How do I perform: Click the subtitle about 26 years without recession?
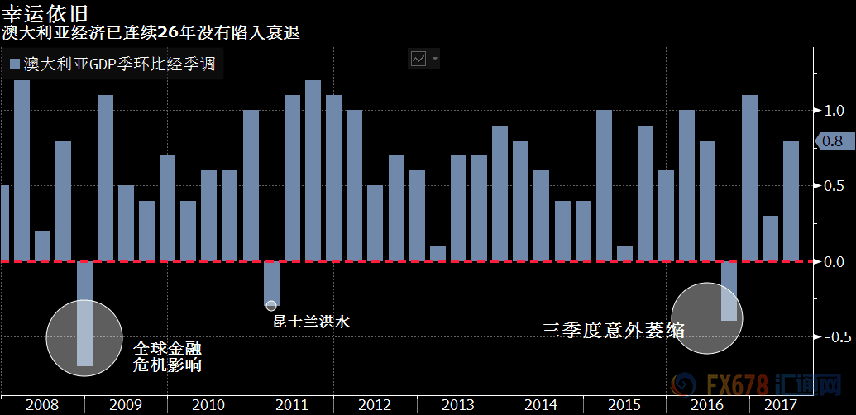150,33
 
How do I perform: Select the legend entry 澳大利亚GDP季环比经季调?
112,63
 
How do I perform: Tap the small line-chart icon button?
419,59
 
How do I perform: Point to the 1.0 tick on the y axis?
833,111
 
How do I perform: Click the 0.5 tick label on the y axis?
833,187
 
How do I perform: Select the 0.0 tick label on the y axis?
833,262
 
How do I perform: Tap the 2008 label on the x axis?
41,405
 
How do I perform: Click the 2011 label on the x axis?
291,405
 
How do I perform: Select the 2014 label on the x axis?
541,405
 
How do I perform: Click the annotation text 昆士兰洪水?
311,322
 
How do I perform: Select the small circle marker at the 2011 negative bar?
271,306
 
